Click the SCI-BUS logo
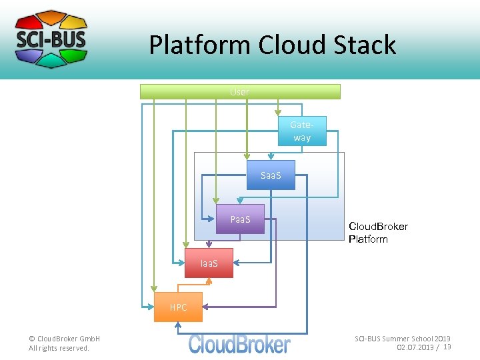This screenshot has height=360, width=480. tap(51, 39)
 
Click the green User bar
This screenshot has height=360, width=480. tap(240, 92)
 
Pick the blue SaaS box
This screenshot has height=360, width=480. tap(270, 175)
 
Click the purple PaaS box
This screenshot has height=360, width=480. tap(240, 219)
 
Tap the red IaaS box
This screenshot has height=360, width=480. tap(209, 263)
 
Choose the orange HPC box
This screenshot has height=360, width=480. tap(178, 307)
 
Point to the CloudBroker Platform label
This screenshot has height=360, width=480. tap(378, 233)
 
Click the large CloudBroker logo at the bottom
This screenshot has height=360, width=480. tap(239, 344)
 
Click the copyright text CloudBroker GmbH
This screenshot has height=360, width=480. tap(64, 339)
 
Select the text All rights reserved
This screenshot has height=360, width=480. tap(59, 348)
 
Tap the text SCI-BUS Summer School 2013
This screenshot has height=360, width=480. tap(402, 339)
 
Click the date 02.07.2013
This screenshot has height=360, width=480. tap(416, 347)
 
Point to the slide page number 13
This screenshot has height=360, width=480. tap(447, 347)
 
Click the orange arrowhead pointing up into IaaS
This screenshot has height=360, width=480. tap(209, 281)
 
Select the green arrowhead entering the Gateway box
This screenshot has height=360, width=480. tap(279, 114)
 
